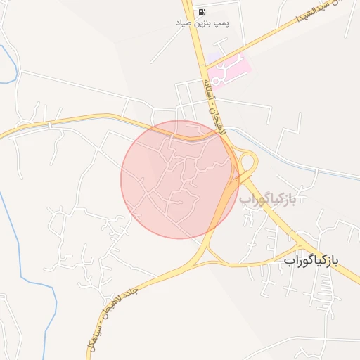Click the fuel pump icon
202,11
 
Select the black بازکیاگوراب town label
311,260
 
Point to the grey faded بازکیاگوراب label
274,199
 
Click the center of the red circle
180,179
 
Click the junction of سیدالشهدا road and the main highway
205,66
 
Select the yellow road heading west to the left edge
42,124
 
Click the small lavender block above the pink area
215,56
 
